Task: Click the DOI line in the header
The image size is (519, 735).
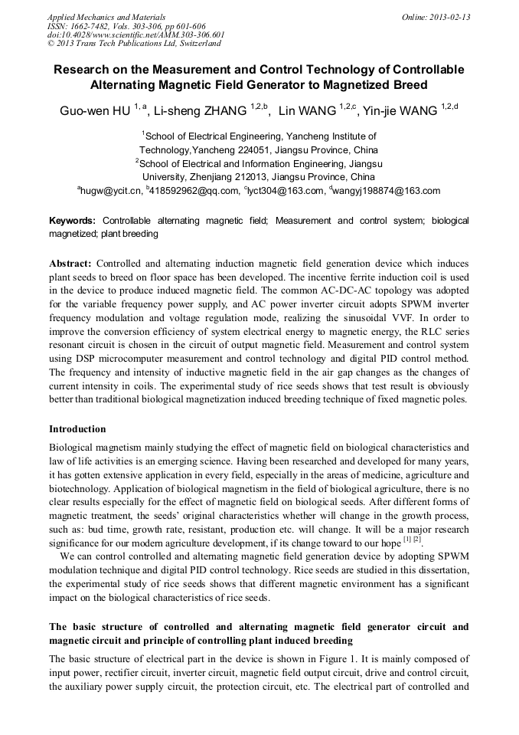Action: (x=136, y=34)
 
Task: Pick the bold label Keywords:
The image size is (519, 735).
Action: (x=73, y=221)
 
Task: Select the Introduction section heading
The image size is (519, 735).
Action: (x=77, y=429)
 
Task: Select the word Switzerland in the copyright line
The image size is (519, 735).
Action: (x=194, y=44)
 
